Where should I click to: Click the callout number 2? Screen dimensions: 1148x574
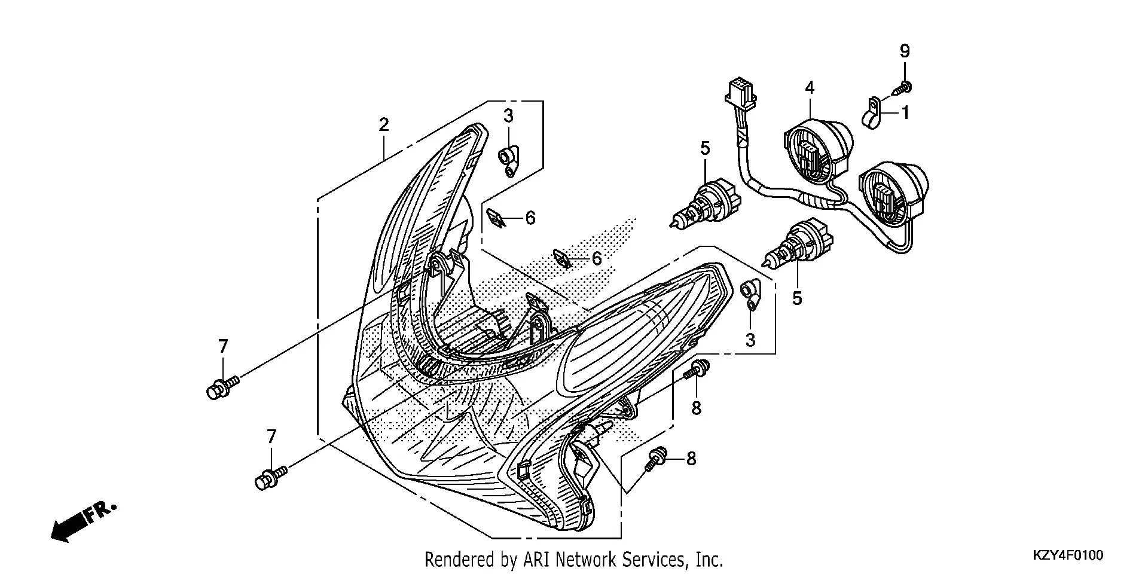[x=383, y=124]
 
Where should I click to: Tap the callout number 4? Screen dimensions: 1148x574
[x=810, y=88]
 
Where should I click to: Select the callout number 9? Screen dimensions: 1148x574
[x=905, y=51]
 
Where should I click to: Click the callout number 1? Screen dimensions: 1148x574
[x=905, y=112]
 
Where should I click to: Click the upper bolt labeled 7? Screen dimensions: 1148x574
[x=222, y=387]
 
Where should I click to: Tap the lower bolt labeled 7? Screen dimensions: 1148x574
[x=271, y=478]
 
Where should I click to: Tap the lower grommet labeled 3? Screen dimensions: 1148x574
[x=750, y=295]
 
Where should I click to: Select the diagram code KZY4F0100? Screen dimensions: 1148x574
[x=1068, y=555]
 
